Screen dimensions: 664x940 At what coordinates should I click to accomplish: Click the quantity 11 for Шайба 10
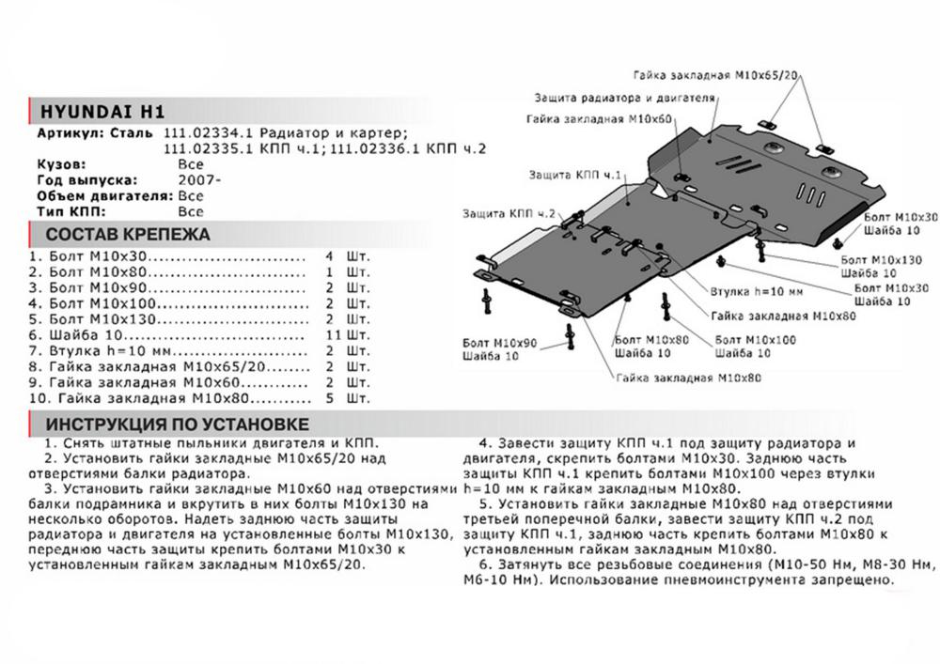330,334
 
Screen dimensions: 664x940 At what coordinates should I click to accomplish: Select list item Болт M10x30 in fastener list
94,255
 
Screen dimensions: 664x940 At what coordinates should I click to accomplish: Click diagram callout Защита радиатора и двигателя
625,98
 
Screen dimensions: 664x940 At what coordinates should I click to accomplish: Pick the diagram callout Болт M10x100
756,338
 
